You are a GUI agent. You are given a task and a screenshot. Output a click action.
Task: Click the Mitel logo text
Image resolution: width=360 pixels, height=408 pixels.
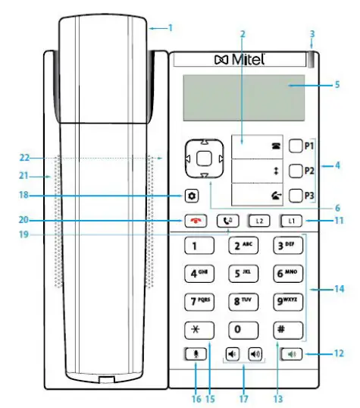coord(249,60)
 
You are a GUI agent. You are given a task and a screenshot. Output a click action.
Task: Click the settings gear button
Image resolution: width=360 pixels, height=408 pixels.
coord(193,196)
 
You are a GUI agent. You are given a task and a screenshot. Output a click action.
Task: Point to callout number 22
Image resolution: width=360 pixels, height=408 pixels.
coord(24,158)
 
